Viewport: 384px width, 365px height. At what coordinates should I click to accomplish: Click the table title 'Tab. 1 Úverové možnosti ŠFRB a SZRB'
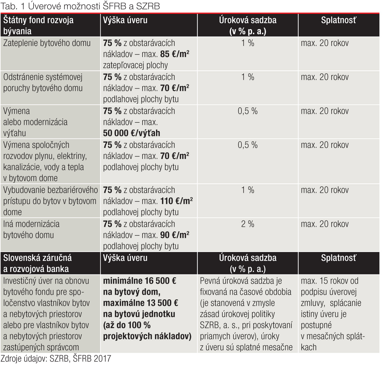tap(80, 6)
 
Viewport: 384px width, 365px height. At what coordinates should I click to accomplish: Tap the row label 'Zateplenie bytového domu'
tap(47, 43)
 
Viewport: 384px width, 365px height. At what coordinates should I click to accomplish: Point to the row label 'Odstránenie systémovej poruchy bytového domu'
tap(43, 83)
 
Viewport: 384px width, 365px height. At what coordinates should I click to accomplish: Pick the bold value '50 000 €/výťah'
tap(131, 133)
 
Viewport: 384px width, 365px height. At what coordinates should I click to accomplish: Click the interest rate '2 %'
tap(248, 224)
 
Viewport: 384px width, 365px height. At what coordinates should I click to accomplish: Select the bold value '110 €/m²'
tap(176, 201)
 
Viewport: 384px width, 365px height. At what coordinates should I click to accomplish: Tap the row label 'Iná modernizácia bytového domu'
tap(31, 230)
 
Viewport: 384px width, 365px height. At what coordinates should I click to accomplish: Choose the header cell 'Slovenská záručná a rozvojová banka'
tap(37, 263)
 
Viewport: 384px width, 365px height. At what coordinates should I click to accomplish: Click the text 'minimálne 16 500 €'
tap(139, 281)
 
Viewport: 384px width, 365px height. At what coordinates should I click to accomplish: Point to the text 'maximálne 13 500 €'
tap(140, 303)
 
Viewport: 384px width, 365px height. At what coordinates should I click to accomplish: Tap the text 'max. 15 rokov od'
tap(329, 281)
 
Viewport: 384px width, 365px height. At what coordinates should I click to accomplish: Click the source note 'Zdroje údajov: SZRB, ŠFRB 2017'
tap(56, 359)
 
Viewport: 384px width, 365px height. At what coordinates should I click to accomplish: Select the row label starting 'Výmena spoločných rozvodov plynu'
tap(45, 161)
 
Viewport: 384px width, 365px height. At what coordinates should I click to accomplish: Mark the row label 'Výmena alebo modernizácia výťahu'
tap(35, 122)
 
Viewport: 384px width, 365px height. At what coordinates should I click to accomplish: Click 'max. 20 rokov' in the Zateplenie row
tap(325, 43)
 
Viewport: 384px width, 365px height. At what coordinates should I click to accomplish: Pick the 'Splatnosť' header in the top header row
tap(339, 20)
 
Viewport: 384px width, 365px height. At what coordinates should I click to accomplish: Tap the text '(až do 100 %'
tap(127, 325)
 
